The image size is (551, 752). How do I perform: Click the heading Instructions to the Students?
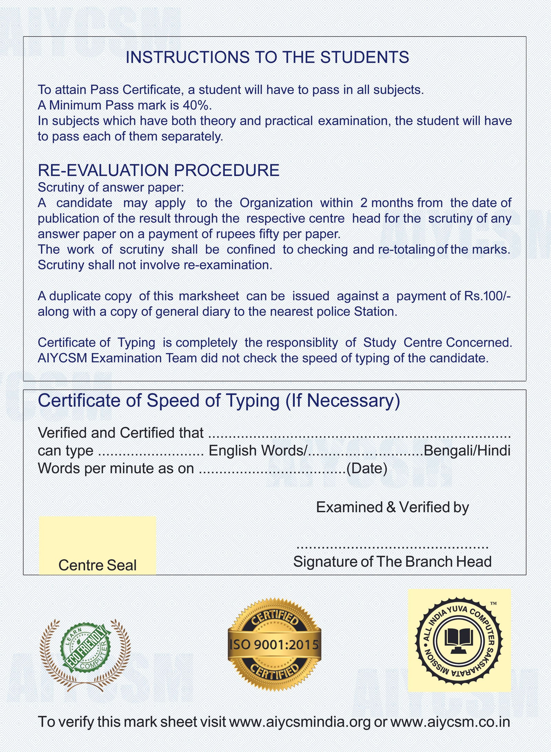tap(267, 57)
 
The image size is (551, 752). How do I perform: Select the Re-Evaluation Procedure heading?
tap(158, 170)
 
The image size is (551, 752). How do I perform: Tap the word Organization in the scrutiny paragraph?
tap(276, 203)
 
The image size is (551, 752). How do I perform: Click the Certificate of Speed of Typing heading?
tap(219, 401)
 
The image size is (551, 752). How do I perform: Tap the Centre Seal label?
tap(97, 565)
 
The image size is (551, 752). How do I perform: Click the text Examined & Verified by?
tap(392, 507)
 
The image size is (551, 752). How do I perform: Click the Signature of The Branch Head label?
tap(392, 562)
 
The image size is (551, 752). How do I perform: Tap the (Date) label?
tap(367, 468)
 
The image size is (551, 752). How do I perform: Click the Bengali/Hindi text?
tap(467, 451)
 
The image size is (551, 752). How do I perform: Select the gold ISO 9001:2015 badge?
tap(274, 645)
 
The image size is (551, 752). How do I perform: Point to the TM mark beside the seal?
tap(493, 603)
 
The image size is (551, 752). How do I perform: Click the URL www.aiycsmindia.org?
tap(300, 722)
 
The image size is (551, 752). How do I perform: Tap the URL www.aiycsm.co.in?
tap(450, 722)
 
